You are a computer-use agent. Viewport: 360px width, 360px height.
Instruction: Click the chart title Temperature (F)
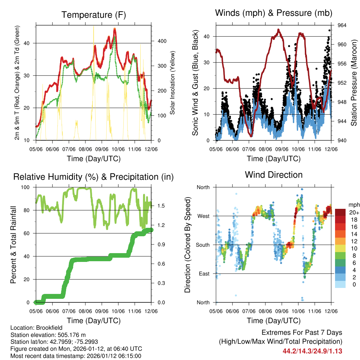tap(94, 15)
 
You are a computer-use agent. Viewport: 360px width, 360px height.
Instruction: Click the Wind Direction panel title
tap(274, 175)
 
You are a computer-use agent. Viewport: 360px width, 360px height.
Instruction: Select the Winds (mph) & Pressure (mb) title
tap(274, 13)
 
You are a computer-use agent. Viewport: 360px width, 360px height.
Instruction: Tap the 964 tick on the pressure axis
tap(342, 25)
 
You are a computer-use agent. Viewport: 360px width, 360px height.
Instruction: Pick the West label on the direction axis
tap(203, 216)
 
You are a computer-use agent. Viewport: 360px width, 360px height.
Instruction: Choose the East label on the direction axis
tap(204, 274)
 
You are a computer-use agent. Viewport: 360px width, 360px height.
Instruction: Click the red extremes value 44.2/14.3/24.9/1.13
tap(312, 351)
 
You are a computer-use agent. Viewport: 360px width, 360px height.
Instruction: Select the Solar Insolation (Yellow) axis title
tap(173, 83)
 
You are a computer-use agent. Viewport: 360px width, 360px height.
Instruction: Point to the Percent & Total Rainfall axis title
tap(13, 245)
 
